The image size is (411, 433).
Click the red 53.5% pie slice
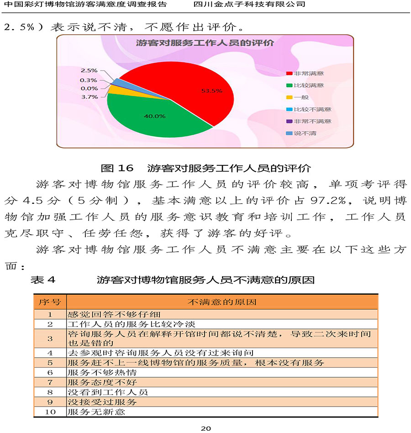192,87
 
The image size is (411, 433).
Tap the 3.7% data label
90,97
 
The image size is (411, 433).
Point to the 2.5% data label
90,70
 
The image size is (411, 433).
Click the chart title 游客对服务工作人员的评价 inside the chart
205,43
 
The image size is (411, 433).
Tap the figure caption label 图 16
116,168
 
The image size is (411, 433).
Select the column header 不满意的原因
222,302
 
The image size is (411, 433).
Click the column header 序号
50,302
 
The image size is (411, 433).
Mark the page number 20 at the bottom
205,428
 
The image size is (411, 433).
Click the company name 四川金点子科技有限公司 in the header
249,4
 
